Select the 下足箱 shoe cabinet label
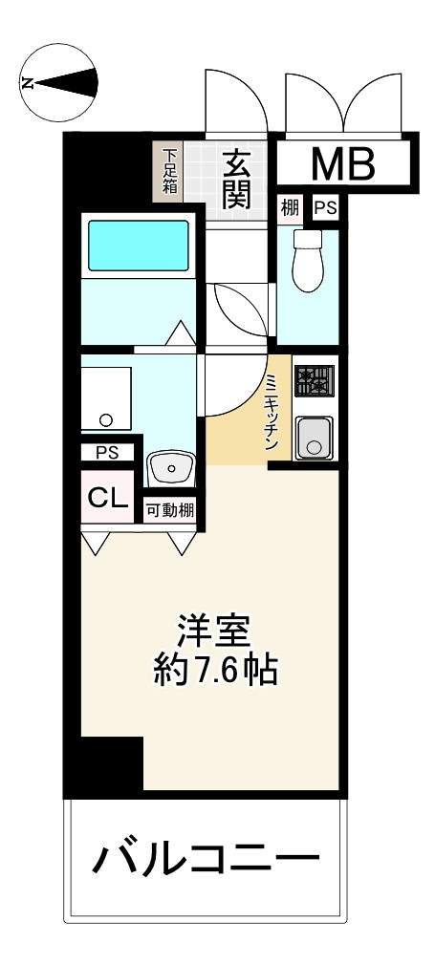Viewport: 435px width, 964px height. tap(169, 171)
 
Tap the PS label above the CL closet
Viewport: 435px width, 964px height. tap(107, 453)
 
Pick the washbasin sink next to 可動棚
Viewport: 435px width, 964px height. tap(171, 469)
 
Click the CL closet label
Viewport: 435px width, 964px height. tap(104, 496)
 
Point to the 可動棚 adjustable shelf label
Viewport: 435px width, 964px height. tap(170, 511)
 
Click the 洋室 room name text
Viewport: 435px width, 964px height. tap(215, 632)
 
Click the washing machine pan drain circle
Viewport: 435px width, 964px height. tap(105, 418)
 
